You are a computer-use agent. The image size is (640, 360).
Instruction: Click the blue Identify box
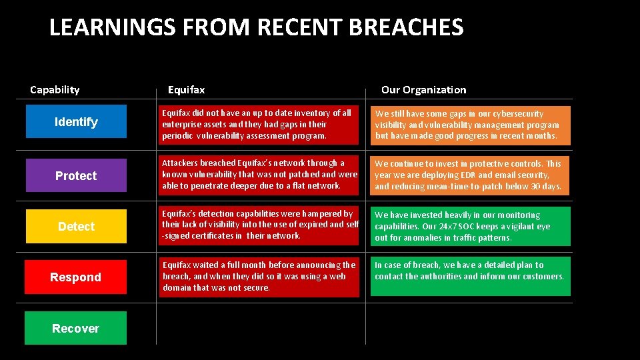pos(75,121)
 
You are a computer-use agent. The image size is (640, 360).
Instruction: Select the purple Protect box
pos(75,175)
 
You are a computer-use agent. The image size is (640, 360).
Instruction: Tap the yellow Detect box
pos(75,227)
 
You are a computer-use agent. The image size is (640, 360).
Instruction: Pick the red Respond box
pos(75,277)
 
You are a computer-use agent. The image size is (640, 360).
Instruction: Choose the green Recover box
pos(75,328)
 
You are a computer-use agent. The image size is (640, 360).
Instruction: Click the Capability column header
pos(55,89)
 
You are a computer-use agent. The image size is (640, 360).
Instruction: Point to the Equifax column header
pos(186,89)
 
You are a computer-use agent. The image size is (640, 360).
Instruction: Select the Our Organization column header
pos(423,89)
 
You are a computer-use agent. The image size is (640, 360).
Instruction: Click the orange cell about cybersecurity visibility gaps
pos(470,125)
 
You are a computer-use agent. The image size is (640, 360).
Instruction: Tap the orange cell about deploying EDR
pos(470,175)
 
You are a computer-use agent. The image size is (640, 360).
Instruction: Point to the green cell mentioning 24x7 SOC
pos(470,226)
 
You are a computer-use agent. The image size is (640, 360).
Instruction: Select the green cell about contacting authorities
pos(470,275)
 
